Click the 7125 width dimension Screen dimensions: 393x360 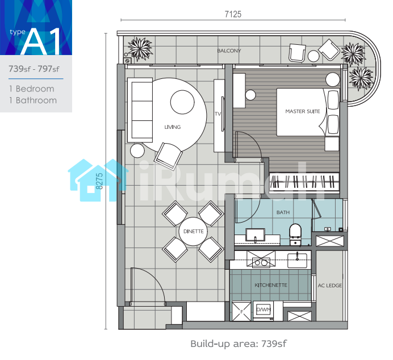(x=233, y=14)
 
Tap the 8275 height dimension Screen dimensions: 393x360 (x=99, y=181)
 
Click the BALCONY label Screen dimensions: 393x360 (x=229, y=51)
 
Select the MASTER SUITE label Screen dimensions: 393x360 (x=303, y=111)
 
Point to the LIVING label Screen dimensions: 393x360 (x=173, y=127)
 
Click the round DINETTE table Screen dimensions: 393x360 (x=193, y=231)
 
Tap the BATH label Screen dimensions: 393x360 (x=283, y=212)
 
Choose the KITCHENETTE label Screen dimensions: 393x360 (x=271, y=285)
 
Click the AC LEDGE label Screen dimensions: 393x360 (x=329, y=286)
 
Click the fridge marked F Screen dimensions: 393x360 (x=241, y=311)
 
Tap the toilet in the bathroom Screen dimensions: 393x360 (x=295, y=235)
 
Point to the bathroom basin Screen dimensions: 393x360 (x=255, y=235)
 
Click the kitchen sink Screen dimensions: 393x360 (x=297, y=260)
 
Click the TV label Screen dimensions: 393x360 (x=218, y=114)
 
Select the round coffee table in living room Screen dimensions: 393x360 (x=182, y=102)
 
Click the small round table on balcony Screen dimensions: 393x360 (x=313, y=56)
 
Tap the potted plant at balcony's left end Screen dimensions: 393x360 (x=140, y=49)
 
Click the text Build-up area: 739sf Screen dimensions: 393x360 (x=239, y=344)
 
